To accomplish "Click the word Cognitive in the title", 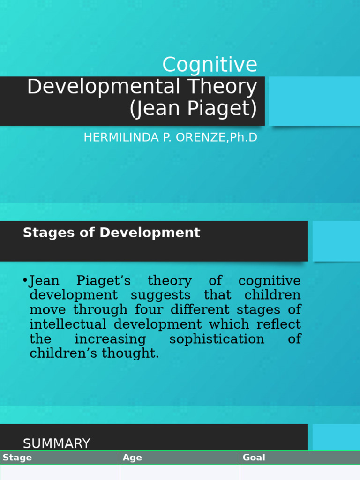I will [210, 65].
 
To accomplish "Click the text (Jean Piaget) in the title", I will [193, 109].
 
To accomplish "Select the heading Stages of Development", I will [112, 232].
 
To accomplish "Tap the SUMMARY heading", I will [57, 443].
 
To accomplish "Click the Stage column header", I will [17, 457].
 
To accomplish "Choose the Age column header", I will [133, 457].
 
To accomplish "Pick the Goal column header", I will [254, 457].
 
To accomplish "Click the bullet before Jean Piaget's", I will [25, 281].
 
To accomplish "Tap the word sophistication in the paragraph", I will [217, 339].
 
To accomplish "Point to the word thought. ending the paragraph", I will [135, 353].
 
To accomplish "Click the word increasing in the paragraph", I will [110, 339].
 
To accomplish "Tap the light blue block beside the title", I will [314, 101].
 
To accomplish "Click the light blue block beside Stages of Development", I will [336, 241].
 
